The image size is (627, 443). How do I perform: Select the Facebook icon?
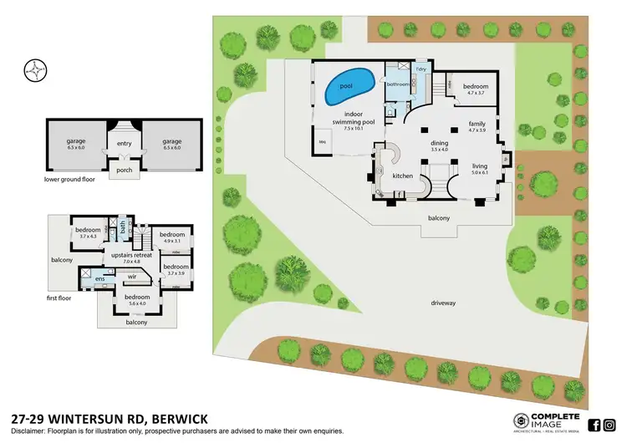coord(594,425)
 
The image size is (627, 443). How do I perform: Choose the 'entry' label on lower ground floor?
coord(125,143)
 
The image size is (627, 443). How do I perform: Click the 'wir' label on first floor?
coord(133,275)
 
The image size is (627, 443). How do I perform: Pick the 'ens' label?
coord(100,279)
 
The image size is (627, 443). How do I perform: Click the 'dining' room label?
coord(440,143)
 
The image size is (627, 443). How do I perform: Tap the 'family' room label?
coord(477,124)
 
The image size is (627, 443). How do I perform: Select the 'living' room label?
coord(480,165)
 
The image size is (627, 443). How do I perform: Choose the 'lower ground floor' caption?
coord(71,179)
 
